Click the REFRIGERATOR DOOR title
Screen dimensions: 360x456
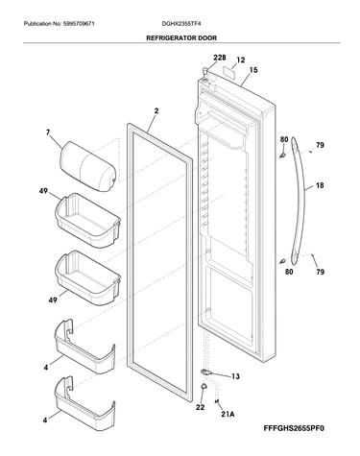pos(181,37)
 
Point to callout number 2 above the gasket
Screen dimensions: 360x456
pos(156,111)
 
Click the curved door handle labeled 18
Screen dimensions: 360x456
pos(299,201)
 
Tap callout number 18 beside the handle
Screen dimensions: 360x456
pos(320,185)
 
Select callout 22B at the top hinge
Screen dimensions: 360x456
pos(220,58)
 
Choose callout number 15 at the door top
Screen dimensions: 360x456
pos(253,70)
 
